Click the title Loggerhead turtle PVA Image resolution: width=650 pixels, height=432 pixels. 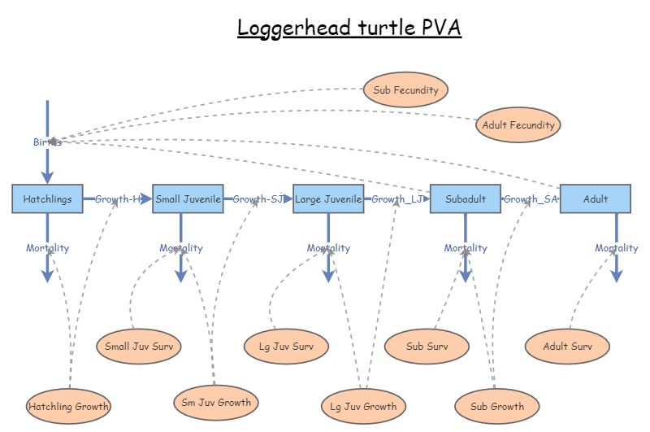(x=349, y=28)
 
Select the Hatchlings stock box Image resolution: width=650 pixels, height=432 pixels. (x=47, y=199)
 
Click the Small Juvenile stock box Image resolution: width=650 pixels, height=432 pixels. (x=188, y=199)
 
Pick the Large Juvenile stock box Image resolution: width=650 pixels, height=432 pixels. (x=328, y=199)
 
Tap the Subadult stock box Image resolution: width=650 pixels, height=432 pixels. (x=466, y=199)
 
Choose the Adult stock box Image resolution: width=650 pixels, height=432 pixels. (x=596, y=199)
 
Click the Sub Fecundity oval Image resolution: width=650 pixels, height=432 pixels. (x=405, y=89)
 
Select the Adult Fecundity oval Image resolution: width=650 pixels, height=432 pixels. (x=518, y=125)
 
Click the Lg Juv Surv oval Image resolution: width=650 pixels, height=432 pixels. (x=287, y=347)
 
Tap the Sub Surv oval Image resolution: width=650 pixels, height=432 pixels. (x=427, y=347)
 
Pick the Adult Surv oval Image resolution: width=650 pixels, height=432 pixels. (x=567, y=347)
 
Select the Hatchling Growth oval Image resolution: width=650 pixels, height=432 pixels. (x=68, y=406)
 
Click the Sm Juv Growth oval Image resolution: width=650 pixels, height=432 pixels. (x=216, y=401)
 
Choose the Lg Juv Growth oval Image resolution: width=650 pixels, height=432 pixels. (x=363, y=406)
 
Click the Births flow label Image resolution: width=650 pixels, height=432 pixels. (x=47, y=142)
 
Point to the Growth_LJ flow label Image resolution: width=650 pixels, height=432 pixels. (x=396, y=199)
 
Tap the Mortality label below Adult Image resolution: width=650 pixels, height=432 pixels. (x=616, y=248)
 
